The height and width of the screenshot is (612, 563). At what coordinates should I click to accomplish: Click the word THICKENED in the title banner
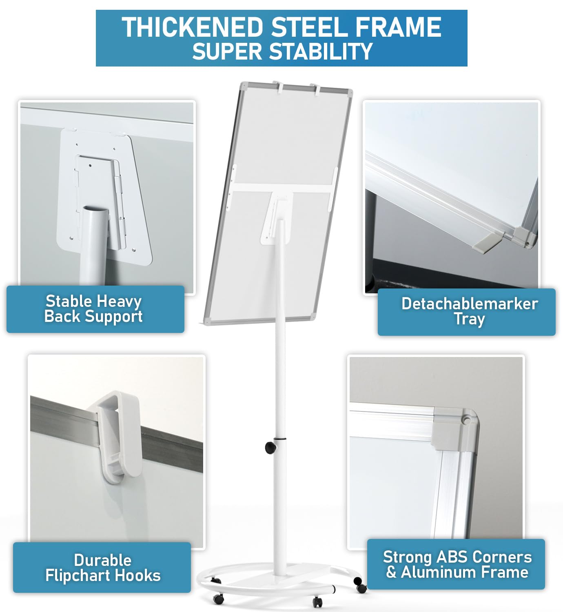tap(192, 27)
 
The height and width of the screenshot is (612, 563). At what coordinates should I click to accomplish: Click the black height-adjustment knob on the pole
tap(270, 448)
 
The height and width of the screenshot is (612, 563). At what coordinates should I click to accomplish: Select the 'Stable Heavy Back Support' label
tap(95, 309)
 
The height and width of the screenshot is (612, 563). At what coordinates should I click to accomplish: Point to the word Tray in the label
tap(469, 319)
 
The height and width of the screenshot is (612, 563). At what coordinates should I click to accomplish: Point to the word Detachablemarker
tap(470, 304)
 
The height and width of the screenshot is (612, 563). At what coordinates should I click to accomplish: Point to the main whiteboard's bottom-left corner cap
tap(207, 321)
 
